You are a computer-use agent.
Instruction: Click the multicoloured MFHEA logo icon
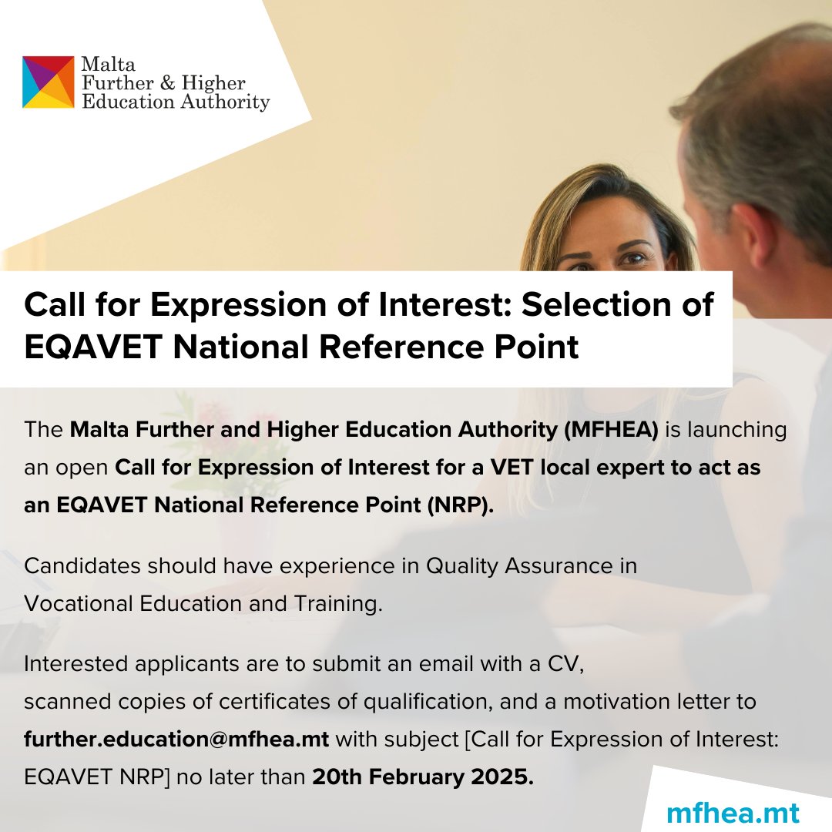pos(49,82)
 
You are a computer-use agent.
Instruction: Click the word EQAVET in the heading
pos(92,347)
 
